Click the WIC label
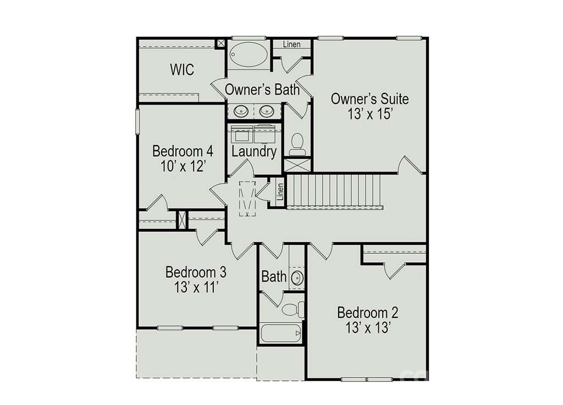[182, 69]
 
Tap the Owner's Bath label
[262, 90]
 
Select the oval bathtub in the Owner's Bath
[249, 54]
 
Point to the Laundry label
[254, 151]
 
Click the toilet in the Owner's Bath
[297, 144]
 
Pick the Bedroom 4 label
[183, 151]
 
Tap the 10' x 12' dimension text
[183, 166]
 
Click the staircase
[334, 191]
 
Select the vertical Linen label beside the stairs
[280, 192]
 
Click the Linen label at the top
[291, 44]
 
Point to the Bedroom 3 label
[196, 272]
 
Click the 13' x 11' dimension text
[197, 287]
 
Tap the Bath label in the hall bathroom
[274, 276]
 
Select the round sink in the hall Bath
[297, 278]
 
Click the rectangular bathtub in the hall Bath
[281, 333]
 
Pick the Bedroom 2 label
[368, 313]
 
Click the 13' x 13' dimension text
[368, 328]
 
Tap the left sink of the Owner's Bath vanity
[240, 111]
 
